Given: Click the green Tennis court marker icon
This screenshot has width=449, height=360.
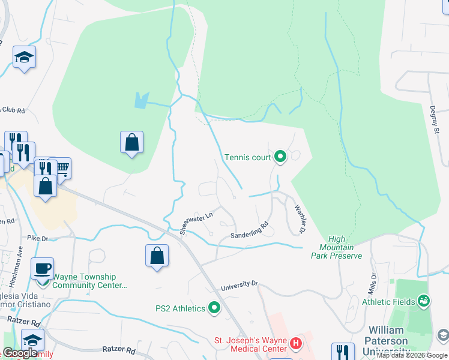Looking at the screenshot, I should pos(280,158).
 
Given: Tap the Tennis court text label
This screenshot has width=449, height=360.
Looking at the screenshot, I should pos(248,158).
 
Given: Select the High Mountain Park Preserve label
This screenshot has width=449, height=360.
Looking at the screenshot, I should pos(336,247).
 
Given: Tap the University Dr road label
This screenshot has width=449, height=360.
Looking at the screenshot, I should pos(239,286).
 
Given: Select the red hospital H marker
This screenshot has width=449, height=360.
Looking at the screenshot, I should pos(295,344).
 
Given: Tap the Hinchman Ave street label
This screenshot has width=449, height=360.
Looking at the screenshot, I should pos(19,260).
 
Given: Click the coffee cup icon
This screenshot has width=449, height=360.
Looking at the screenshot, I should pos(42,268).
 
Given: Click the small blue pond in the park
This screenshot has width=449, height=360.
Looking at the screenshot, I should pos(140,100).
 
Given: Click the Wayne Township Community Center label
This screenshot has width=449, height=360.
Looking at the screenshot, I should pos(89,281).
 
